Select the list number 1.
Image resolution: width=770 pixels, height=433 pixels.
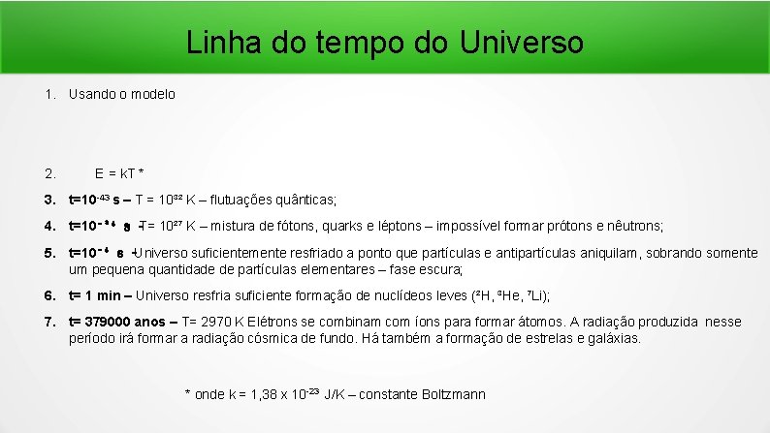pos(48,95)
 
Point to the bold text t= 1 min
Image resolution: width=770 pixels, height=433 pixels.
pos(96,295)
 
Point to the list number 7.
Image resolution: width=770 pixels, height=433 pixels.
pos(48,322)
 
